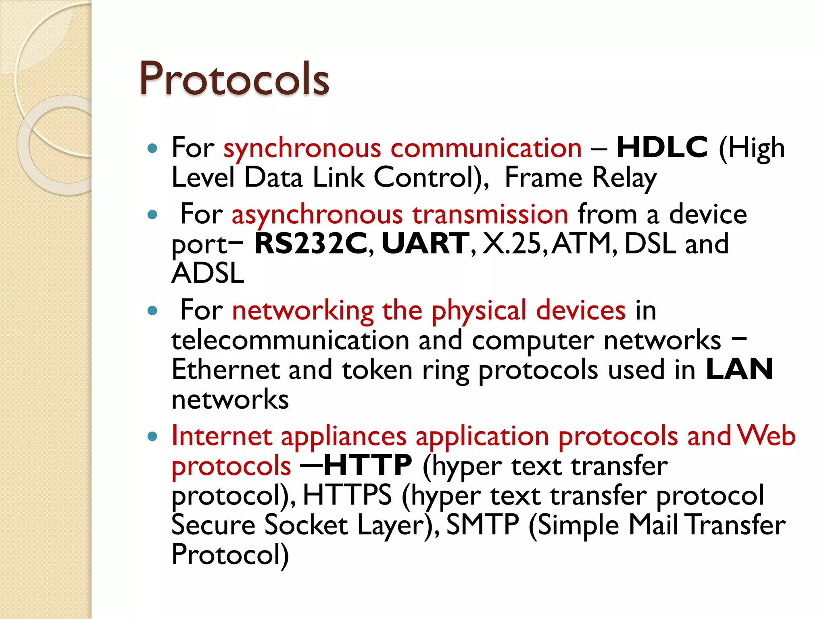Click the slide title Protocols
tap(234, 79)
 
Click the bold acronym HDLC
tap(662, 147)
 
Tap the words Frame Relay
tap(580, 177)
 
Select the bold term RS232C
tap(311, 243)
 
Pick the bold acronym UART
tap(425, 243)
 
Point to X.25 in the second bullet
tap(512, 243)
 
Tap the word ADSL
tap(208, 273)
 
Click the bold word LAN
tap(739, 369)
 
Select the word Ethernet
tap(225, 369)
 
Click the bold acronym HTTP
tap(367, 465)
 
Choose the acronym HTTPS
tap(347, 495)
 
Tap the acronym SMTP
tap(482, 525)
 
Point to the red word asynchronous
tap(317, 214)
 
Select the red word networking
tap(303, 310)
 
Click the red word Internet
tap(222, 436)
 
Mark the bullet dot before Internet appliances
tap(152, 436)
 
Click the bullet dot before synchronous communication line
tap(152, 148)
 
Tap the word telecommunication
tap(290, 340)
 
